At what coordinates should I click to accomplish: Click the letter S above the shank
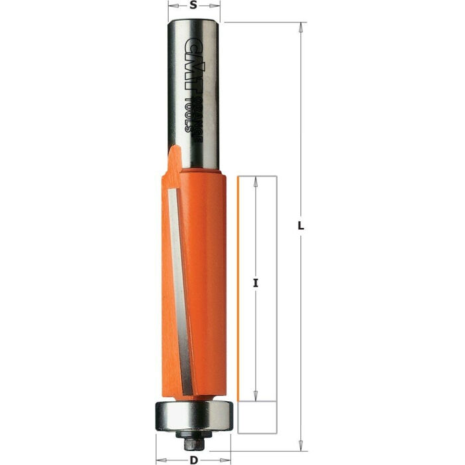click(193, 5)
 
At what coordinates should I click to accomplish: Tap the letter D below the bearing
click(193, 459)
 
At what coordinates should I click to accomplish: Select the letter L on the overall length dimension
click(301, 226)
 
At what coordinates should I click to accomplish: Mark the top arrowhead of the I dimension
click(256, 181)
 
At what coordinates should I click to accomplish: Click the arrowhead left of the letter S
click(172, 5)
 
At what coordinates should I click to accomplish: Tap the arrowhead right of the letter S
click(216, 5)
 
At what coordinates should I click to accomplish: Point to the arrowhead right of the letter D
click(228, 459)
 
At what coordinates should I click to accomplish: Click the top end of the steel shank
click(193, 23)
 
